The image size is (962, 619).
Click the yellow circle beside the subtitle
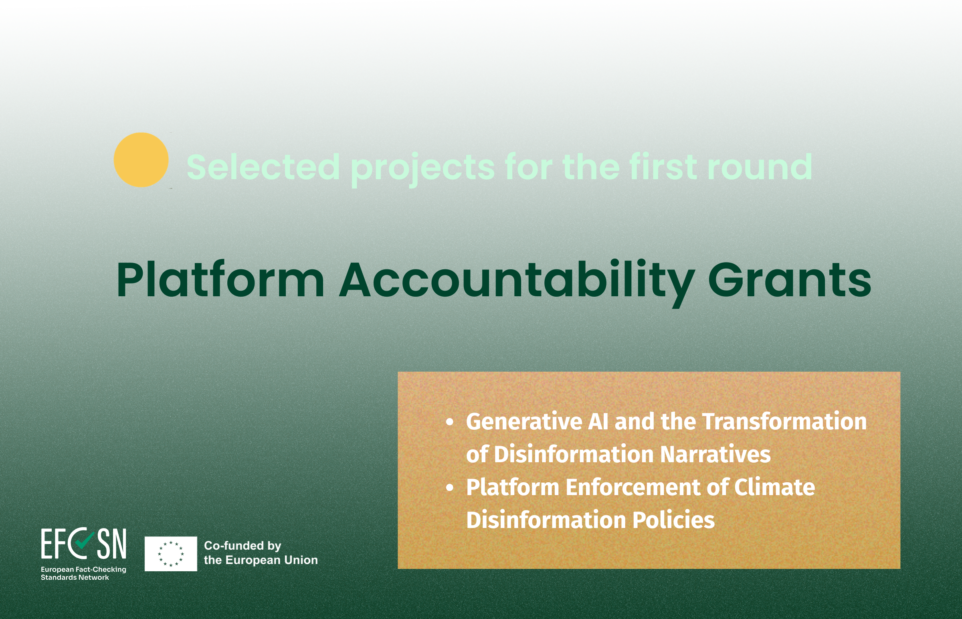141,160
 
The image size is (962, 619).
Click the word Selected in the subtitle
263,167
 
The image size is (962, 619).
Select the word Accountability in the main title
517,281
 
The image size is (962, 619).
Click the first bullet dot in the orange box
450,422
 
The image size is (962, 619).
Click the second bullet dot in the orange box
450,488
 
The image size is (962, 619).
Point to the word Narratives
715,454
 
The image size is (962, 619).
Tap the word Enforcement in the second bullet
633,487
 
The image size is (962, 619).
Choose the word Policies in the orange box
673,520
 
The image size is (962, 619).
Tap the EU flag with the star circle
171,554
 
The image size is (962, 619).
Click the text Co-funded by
243,546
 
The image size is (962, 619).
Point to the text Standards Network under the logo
75,578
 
